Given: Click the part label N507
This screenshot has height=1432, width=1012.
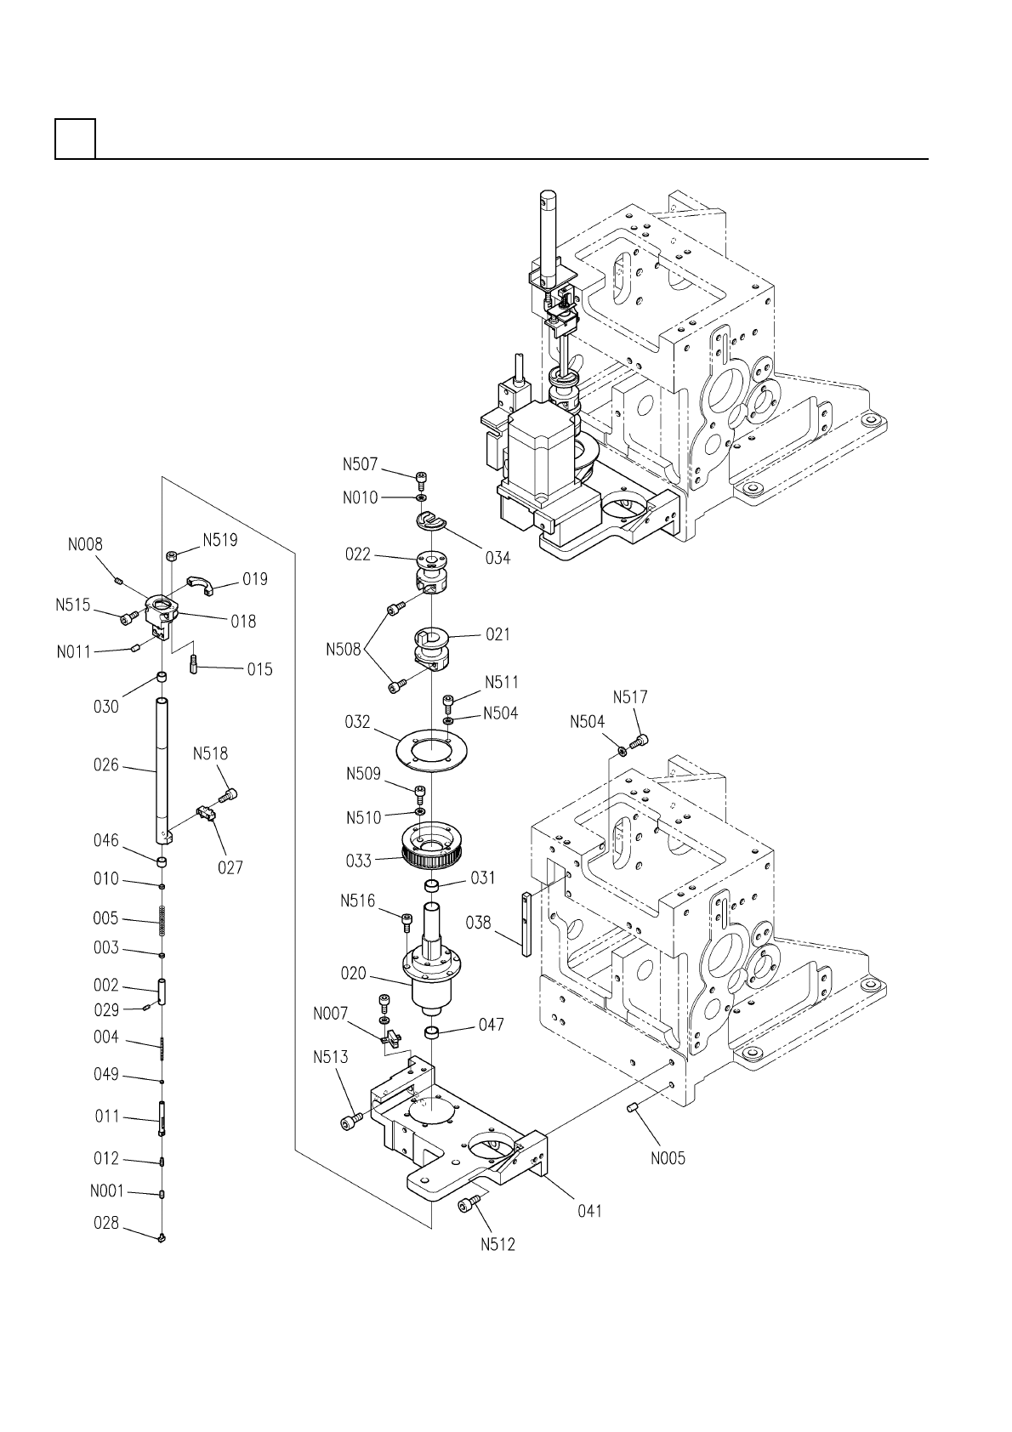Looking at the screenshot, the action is click(360, 464).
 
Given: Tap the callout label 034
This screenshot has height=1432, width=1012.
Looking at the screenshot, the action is click(497, 558).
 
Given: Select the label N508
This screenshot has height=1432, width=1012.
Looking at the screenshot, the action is click(344, 650).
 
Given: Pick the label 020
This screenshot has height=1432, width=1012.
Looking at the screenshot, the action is click(353, 974).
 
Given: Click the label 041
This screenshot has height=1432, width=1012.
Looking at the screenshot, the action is click(589, 1211).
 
